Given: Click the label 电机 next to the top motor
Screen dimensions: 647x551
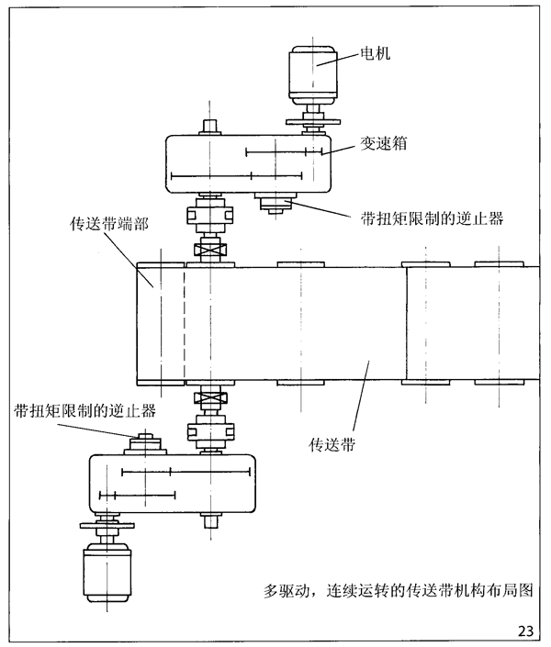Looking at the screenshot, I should pos(377,53).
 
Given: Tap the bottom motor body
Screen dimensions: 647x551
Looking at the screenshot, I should pos(108,568).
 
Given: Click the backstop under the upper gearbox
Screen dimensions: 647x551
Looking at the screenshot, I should pos(273,204).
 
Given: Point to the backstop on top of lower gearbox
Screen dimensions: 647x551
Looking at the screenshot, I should pos(145,443).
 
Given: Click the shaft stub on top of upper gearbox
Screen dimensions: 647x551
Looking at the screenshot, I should pos(209,125).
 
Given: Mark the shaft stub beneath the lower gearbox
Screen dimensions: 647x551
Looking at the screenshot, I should pos(210,523).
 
